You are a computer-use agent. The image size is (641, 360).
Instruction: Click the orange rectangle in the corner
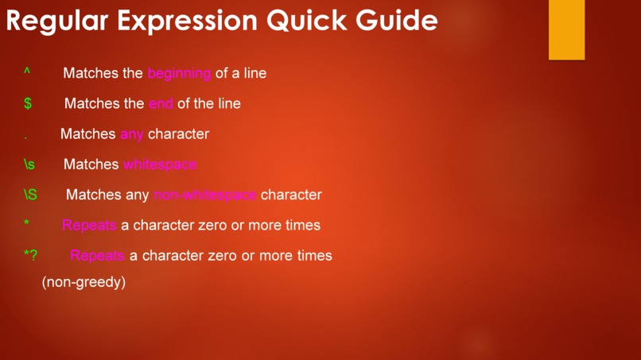(x=566, y=29)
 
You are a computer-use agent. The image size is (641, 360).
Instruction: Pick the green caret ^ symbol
(x=27, y=72)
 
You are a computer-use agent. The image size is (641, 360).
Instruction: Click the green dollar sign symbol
(x=28, y=103)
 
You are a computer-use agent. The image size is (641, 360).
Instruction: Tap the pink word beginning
(x=179, y=73)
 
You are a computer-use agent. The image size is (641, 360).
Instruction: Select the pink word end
(x=161, y=103)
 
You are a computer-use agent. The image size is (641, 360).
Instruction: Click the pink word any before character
(x=132, y=134)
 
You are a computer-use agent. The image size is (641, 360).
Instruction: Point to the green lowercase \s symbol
(x=29, y=165)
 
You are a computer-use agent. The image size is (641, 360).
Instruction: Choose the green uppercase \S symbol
(x=30, y=195)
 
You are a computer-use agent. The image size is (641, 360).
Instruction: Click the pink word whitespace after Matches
(x=160, y=165)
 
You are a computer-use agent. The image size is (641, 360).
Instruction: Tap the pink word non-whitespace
(x=205, y=195)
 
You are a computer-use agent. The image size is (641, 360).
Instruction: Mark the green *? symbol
(x=30, y=255)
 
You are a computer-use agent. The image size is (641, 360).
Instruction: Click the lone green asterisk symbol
(x=27, y=224)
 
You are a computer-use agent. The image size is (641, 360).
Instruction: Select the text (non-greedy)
(x=84, y=282)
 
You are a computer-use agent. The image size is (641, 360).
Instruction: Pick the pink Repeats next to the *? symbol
(x=97, y=255)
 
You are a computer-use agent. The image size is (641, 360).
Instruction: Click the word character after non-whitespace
(x=291, y=195)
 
